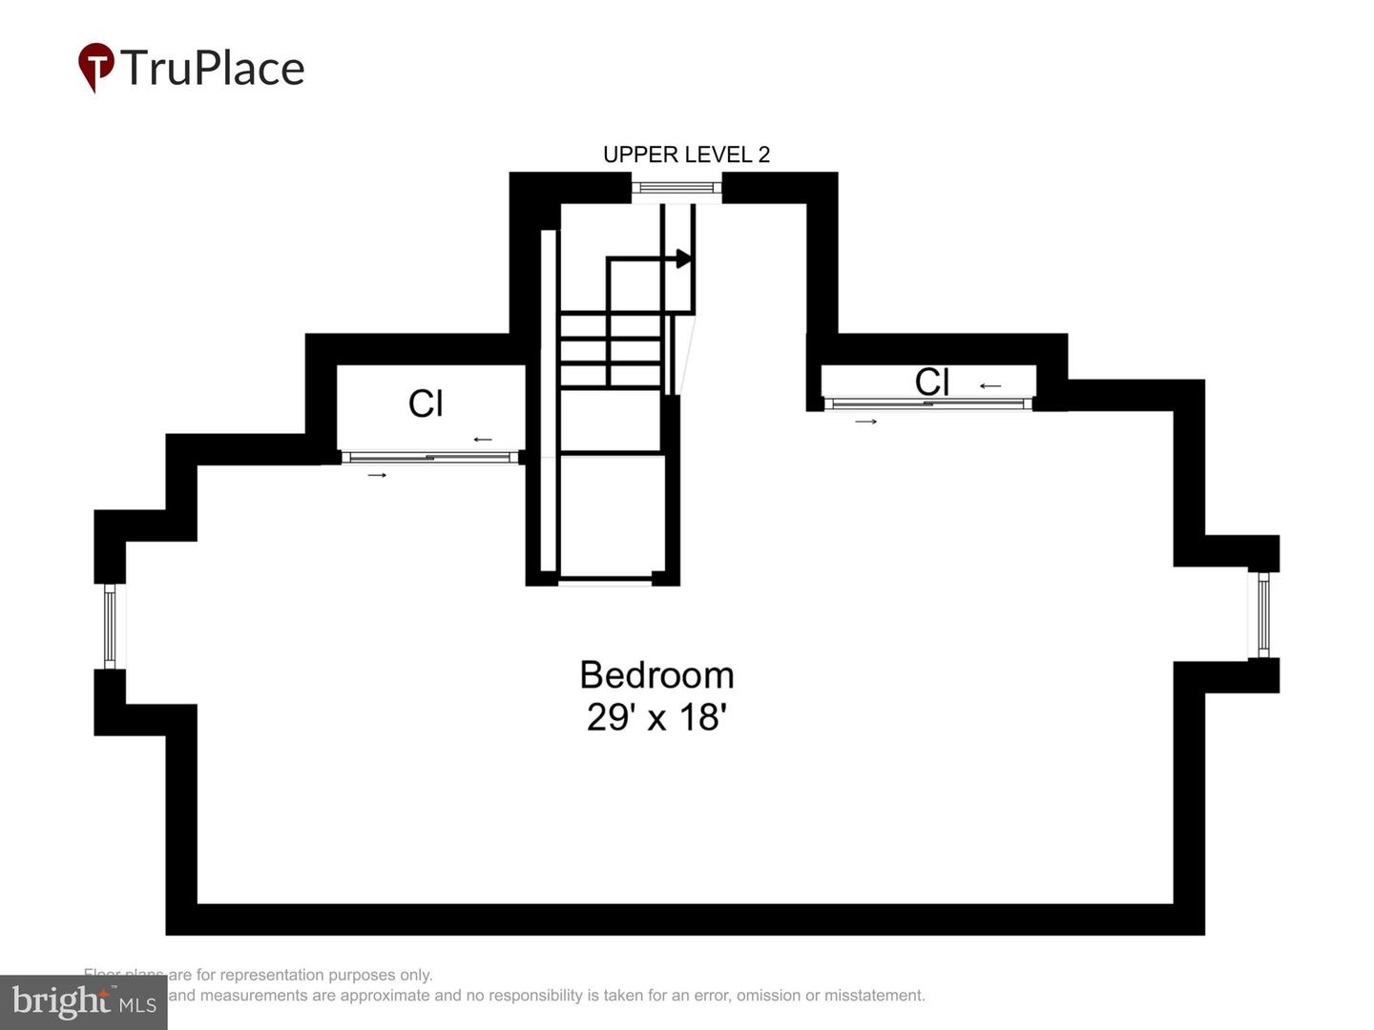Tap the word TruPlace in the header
pyautogui.click(x=213, y=69)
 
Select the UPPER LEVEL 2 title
pyautogui.click(x=686, y=154)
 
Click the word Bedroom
pyautogui.click(x=656, y=675)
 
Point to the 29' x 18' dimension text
pyautogui.click(x=656, y=717)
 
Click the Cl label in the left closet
pyautogui.click(x=426, y=403)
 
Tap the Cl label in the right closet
pyautogui.click(x=931, y=381)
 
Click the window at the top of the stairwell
pyautogui.click(x=677, y=188)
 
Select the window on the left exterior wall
pyautogui.click(x=110, y=627)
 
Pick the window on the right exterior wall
pyautogui.click(x=1263, y=615)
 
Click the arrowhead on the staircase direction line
pyautogui.click(x=683, y=258)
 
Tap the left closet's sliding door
pyautogui.click(x=429, y=458)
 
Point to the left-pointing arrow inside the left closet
pyautogui.click(x=483, y=440)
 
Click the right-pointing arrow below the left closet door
pyautogui.click(x=378, y=475)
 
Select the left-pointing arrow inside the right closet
pyautogui.click(x=990, y=386)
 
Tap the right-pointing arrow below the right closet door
pyautogui.click(x=865, y=422)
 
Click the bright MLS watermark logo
pyautogui.click(x=84, y=1002)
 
